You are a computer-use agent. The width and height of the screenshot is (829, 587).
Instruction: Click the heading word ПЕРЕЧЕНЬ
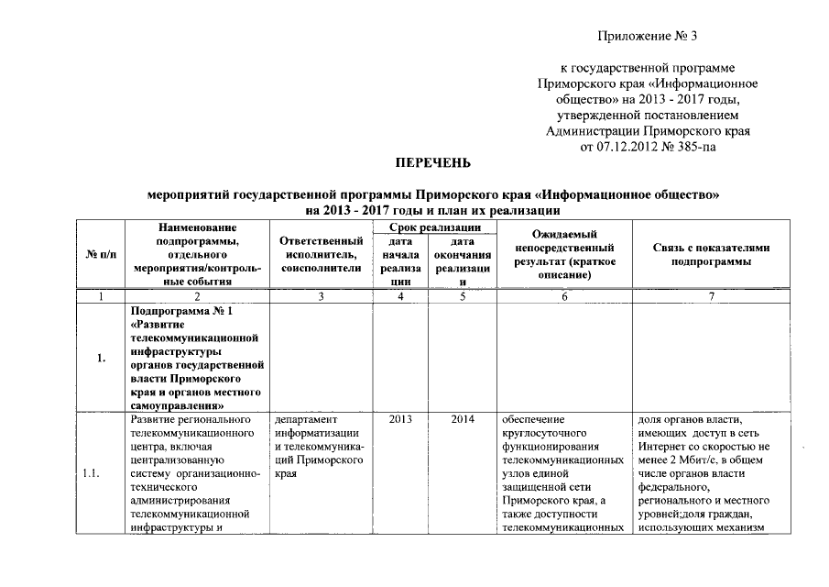tap(432, 163)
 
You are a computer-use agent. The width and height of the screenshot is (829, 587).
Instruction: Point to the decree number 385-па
tap(693, 145)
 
